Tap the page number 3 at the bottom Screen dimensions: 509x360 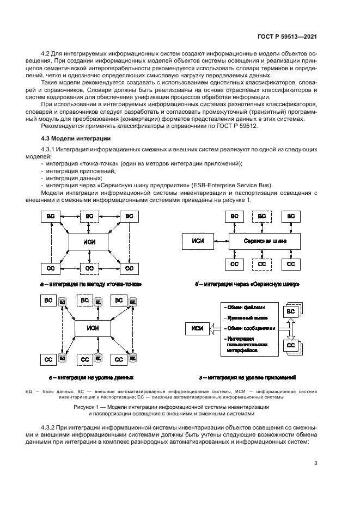316,463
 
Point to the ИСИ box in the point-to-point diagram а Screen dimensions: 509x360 89,242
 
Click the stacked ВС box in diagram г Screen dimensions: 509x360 291,311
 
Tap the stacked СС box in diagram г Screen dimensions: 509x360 291,345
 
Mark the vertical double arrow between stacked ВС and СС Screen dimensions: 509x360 291,328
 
